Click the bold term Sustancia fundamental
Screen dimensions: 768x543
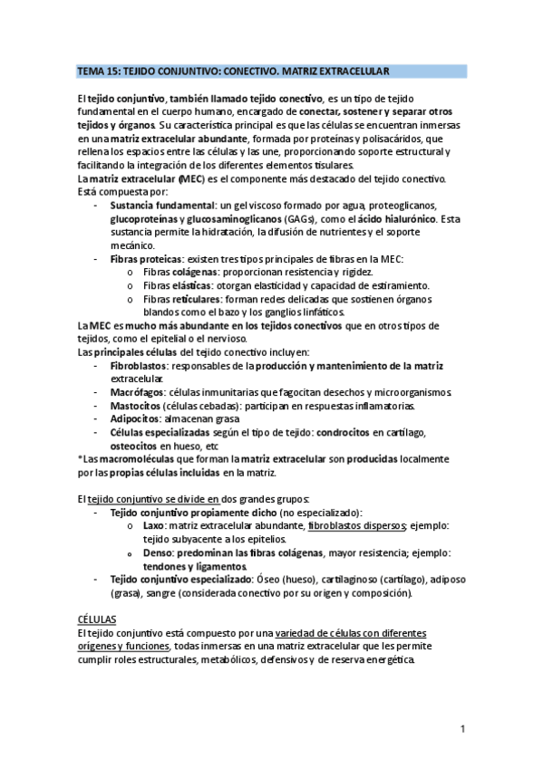(160, 206)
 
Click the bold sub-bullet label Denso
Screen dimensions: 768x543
(158, 553)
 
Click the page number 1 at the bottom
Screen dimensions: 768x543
(462, 727)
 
